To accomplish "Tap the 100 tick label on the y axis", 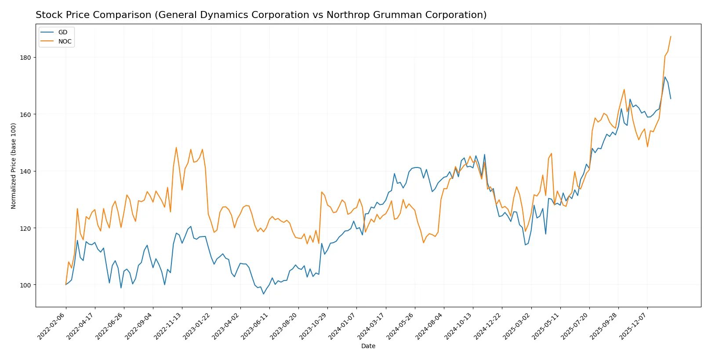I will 25,285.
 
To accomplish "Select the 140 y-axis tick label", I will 25,171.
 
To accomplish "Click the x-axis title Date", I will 368,346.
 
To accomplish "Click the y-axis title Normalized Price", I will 14,166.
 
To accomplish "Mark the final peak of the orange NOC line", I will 671,36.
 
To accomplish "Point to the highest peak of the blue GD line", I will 665,77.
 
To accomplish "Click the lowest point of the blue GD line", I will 264,294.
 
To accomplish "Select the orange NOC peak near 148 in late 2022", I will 176,147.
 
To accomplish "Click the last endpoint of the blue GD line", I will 671,98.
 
